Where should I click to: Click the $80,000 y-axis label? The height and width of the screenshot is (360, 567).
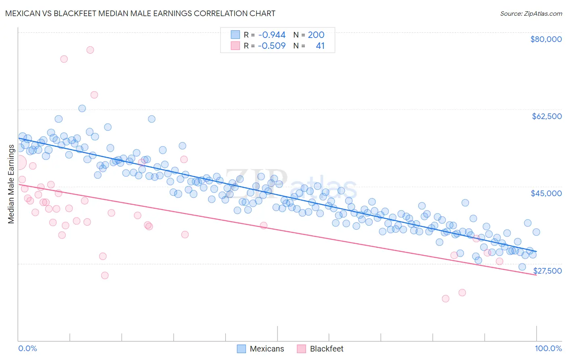coord(546,39)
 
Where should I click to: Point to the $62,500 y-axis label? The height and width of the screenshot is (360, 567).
coord(546,116)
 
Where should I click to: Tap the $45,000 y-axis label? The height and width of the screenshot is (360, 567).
coord(546,193)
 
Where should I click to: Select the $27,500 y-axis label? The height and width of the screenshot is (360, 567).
coord(547,271)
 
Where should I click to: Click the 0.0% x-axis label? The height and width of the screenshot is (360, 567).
coord(27,348)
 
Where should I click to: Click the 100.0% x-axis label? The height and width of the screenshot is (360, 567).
coord(548,348)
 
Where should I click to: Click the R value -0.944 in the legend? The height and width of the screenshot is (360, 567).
coord(272,35)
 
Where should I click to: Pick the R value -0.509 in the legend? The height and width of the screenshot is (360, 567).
coord(272,46)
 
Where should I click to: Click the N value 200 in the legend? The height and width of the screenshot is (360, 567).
coord(316,35)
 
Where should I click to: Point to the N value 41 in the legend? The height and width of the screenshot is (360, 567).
coord(320,46)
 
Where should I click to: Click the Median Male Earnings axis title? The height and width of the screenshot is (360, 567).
coord(11,184)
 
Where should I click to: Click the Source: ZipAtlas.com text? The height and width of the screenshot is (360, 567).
coord(531,13)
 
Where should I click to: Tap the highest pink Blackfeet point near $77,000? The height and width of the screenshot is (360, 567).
coord(90,50)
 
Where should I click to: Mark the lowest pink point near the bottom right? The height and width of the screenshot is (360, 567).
coord(446,299)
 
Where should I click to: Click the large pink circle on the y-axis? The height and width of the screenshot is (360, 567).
coord(19,163)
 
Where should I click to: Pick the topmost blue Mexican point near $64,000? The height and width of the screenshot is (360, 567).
coord(82,108)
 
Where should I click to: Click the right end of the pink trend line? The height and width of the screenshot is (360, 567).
coord(536,275)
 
